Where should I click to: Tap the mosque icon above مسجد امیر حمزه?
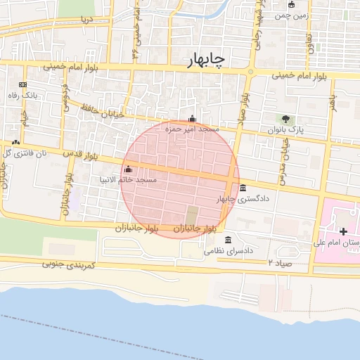pos(192,118)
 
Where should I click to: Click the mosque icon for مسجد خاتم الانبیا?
pos(127,169)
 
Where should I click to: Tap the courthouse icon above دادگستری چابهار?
pos(243,188)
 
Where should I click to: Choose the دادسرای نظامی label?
pos(229,250)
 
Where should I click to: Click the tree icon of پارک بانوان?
pos(285,119)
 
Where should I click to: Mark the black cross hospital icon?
pos(343,231)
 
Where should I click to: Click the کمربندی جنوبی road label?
pos(66,264)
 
